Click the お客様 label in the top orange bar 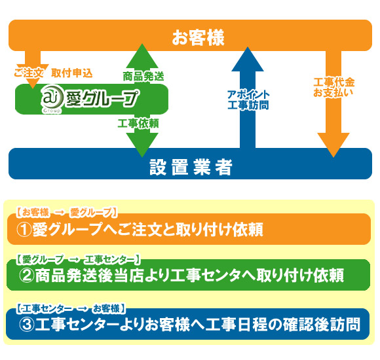198,38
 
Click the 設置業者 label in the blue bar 191,167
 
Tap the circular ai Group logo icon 50,99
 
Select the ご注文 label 29,73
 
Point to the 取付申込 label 72,73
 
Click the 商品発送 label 143,77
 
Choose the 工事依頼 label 138,123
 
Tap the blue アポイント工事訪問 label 248,99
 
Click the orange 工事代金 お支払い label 333,87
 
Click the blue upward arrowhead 248,60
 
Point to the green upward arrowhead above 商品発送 142,56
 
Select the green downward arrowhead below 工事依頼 142,145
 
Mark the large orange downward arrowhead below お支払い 333,145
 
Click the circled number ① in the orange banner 24,230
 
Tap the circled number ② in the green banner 27,276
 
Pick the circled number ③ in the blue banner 27,325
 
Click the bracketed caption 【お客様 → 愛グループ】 67,212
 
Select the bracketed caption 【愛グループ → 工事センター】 78,260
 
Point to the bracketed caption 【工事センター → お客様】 71,308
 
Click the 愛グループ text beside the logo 102,98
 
